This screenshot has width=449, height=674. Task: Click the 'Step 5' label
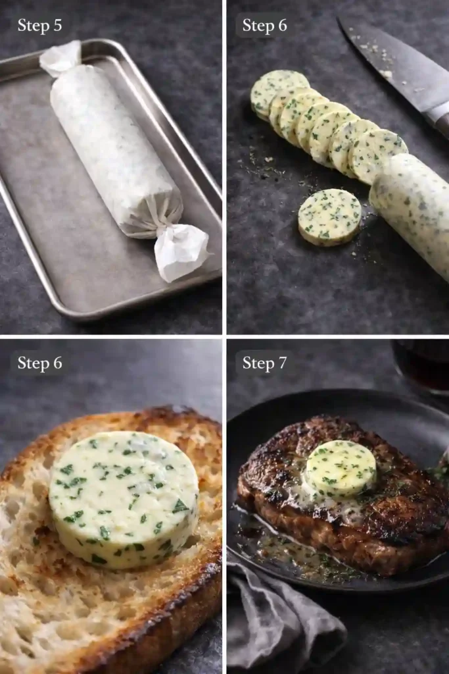[x=39, y=26]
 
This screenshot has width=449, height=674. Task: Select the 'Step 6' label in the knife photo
[x=264, y=26]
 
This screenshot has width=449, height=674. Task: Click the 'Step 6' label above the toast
[x=39, y=363]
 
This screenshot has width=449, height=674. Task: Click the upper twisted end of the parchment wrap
[x=60, y=58]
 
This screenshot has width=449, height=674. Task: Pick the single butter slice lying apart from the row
[x=329, y=217]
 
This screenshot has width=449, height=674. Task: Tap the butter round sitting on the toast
[x=124, y=498]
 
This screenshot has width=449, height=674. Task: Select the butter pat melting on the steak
[x=341, y=468]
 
